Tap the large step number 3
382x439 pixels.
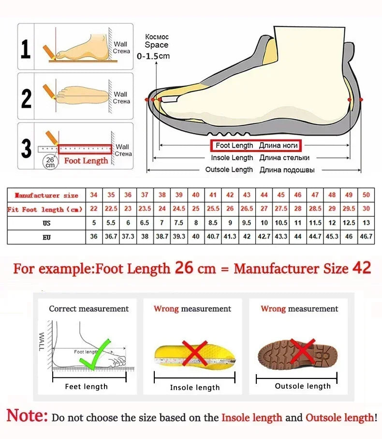point(26,149)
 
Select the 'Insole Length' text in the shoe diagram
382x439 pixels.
point(232,158)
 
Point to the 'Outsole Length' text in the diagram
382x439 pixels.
point(229,169)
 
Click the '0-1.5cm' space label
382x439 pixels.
point(153,56)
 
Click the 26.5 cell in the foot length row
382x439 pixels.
point(247,209)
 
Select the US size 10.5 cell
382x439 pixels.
point(281,223)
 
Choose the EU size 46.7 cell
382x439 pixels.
point(366,237)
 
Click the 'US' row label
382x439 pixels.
point(46,223)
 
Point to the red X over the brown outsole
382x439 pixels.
point(303,352)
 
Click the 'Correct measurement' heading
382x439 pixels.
point(89,309)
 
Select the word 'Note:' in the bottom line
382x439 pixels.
point(27,416)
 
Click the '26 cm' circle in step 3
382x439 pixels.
point(50,162)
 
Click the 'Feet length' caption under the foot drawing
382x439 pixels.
point(87,386)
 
